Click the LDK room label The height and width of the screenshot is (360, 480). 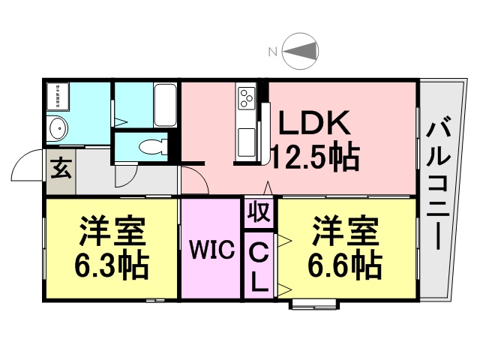tap(314, 122)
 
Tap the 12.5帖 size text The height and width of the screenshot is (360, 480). tap(315, 157)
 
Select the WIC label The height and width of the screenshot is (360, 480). tap(211, 250)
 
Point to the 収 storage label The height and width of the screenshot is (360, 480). tap(259, 212)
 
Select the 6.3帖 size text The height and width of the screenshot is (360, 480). tap(112, 265)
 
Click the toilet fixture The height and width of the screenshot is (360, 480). tap(154, 146)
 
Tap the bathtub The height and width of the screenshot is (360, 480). tap(165, 105)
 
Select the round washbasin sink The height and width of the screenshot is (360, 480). tap(58, 128)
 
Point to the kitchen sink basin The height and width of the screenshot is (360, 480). tap(247, 142)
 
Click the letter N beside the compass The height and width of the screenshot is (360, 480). tap(272, 52)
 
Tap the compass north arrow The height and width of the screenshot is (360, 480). tap(299, 50)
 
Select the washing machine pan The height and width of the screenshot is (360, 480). tap(58, 96)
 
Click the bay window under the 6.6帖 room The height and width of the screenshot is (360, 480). tap(314, 305)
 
